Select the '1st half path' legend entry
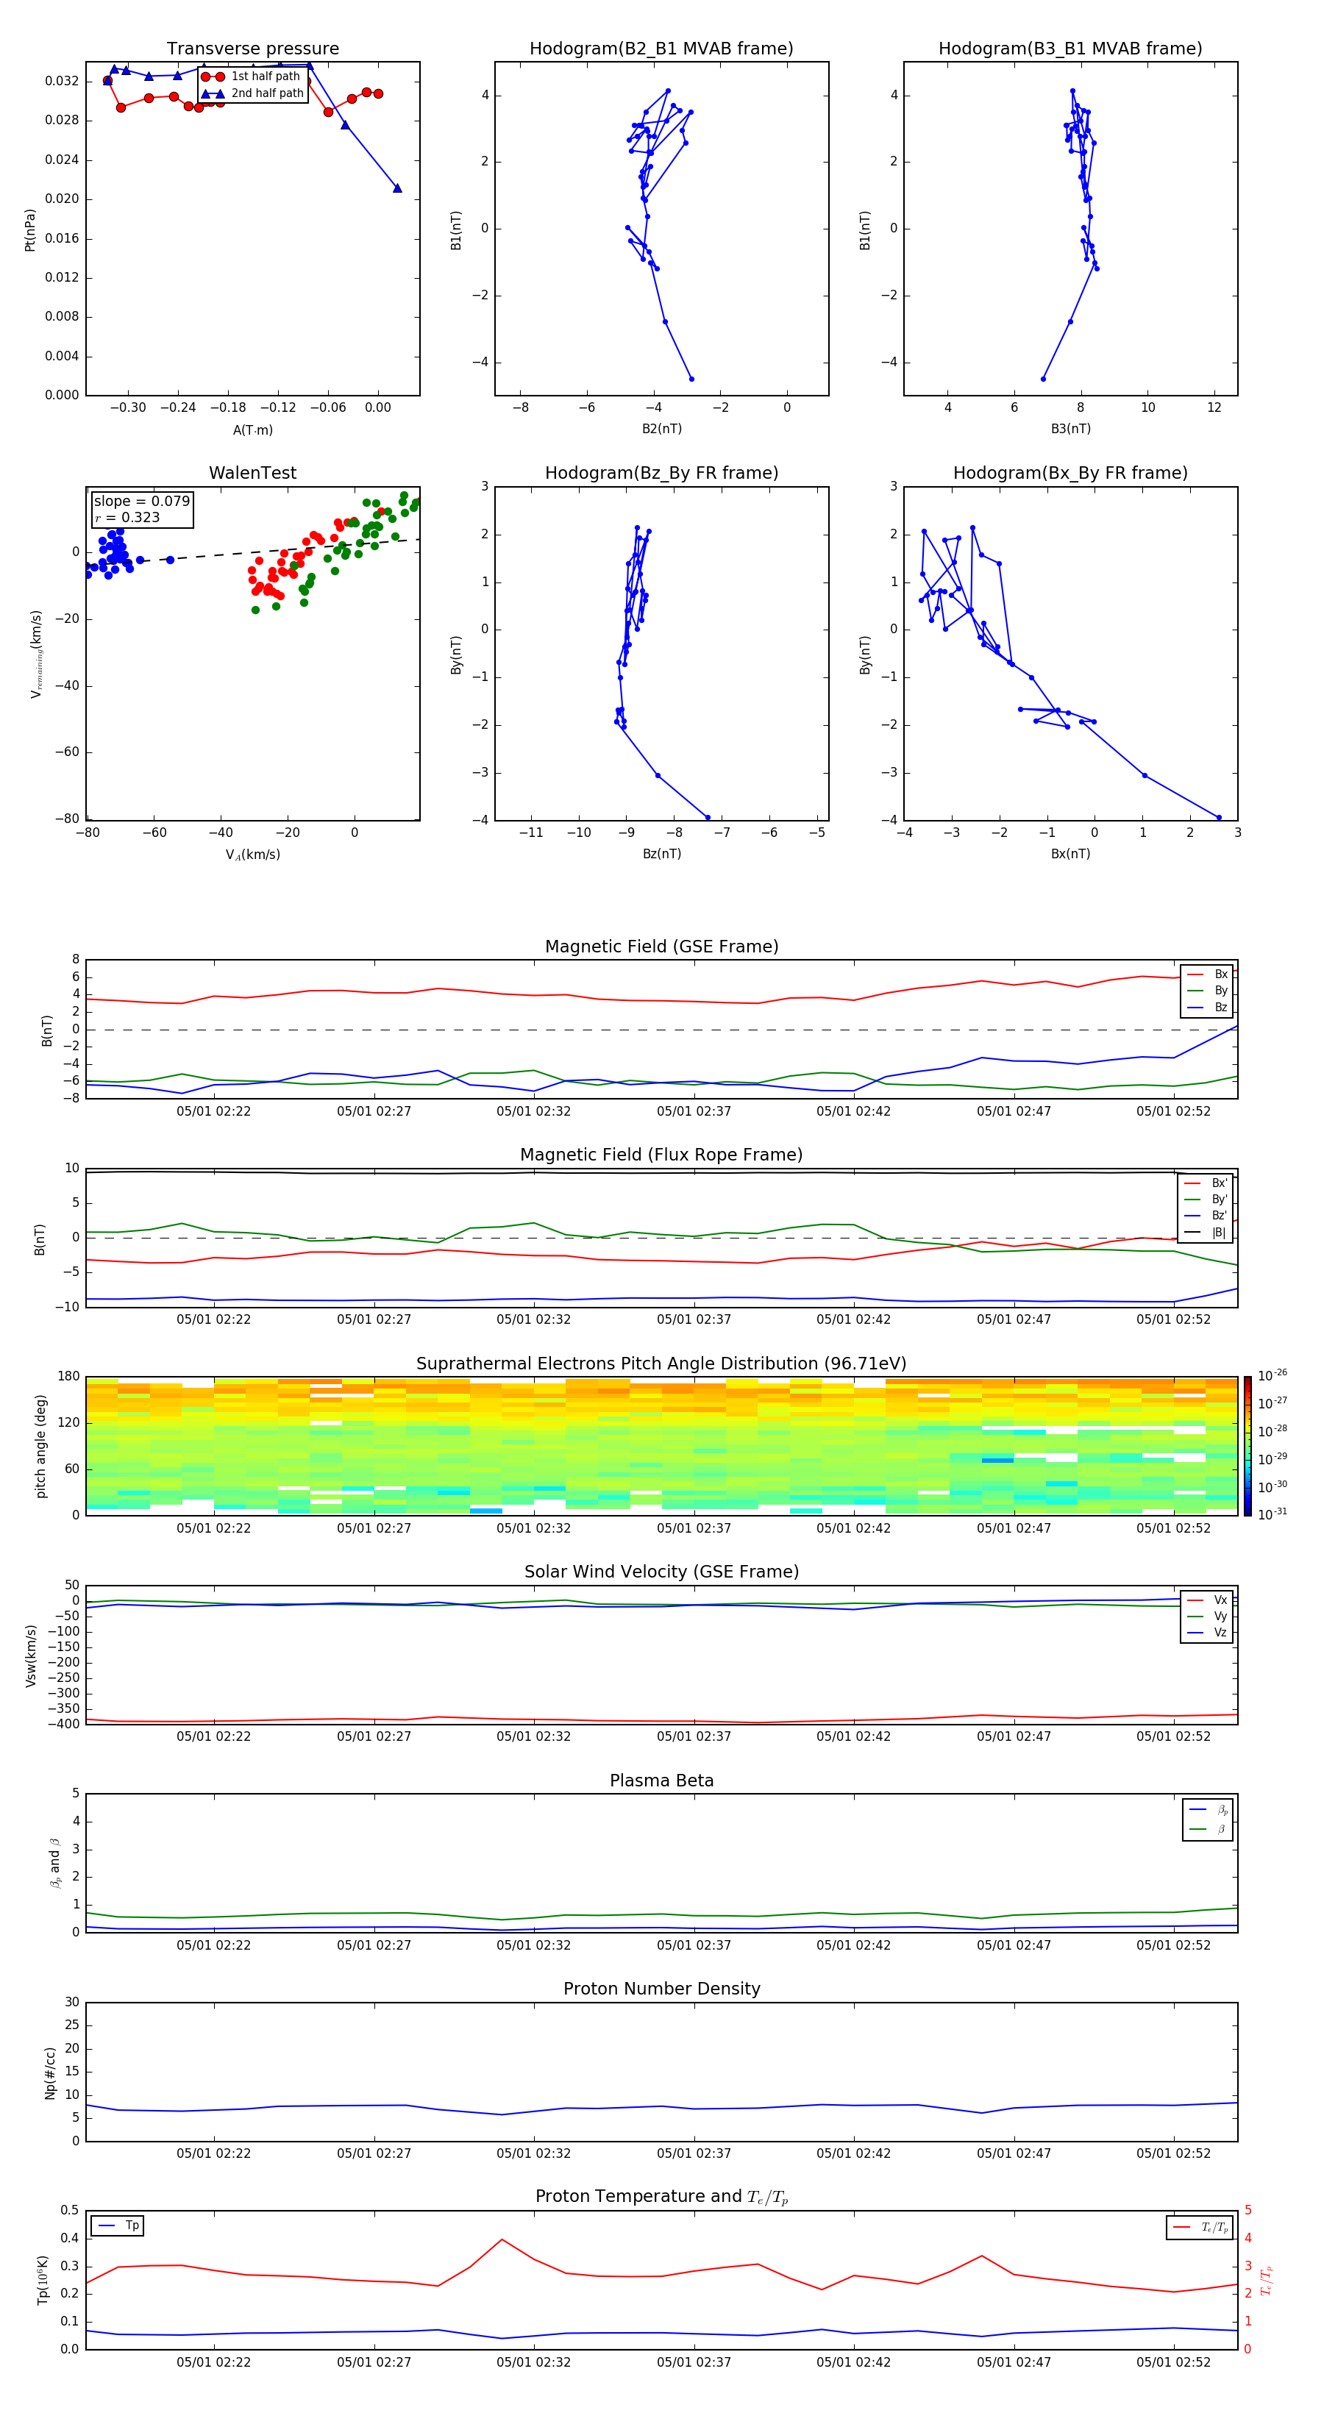pyautogui.click(x=265, y=76)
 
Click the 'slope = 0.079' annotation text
pyautogui.click(x=141, y=502)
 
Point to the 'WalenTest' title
pyautogui.click(x=252, y=473)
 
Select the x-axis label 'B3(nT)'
pyautogui.click(x=1070, y=429)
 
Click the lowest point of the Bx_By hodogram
pyautogui.click(x=1219, y=818)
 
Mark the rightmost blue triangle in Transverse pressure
pyautogui.click(x=396, y=188)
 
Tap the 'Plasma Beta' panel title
pyautogui.click(x=661, y=1781)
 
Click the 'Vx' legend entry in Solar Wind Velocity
pyautogui.click(x=1220, y=1600)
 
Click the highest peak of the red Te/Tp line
pyautogui.click(x=502, y=2239)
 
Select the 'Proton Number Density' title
pyautogui.click(x=661, y=1989)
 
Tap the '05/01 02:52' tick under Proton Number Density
pyautogui.click(x=1173, y=2153)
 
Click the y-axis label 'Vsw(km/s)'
pyautogui.click(x=31, y=1656)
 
